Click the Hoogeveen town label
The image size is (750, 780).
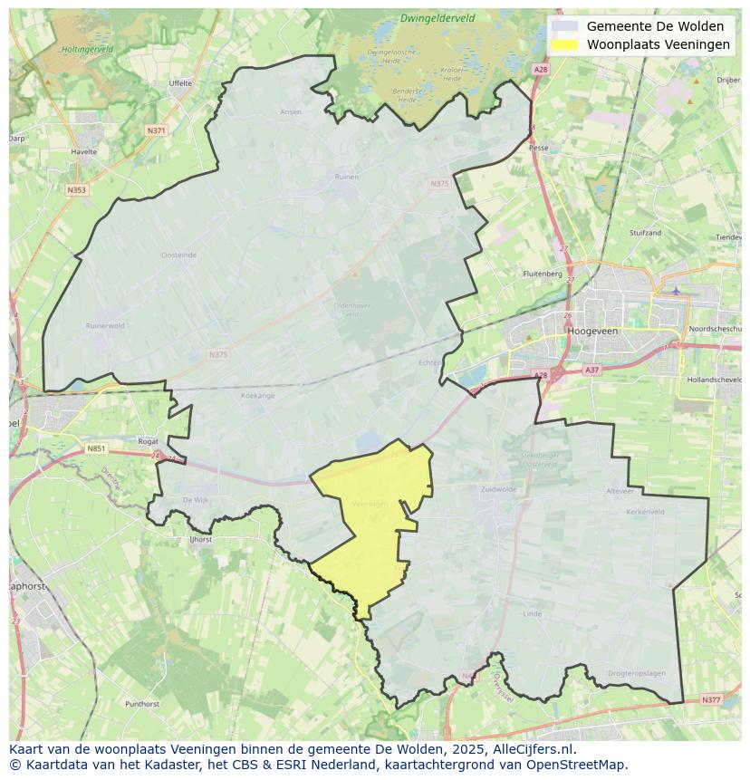[592, 332]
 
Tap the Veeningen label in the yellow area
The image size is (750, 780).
[370, 504]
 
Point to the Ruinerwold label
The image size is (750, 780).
[103, 325]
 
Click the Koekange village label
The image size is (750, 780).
[258, 396]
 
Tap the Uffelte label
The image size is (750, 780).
[180, 83]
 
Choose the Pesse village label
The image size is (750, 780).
[538, 147]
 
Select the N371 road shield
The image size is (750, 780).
[156, 130]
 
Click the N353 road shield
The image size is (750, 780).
[76, 190]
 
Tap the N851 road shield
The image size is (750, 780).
[96, 448]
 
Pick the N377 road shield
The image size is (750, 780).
[711, 699]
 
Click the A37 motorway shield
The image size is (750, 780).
[591, 370]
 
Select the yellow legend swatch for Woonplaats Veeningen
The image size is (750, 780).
[563, 44]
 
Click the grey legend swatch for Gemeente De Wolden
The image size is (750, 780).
[563, 26]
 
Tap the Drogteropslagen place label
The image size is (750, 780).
[637, 673]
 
